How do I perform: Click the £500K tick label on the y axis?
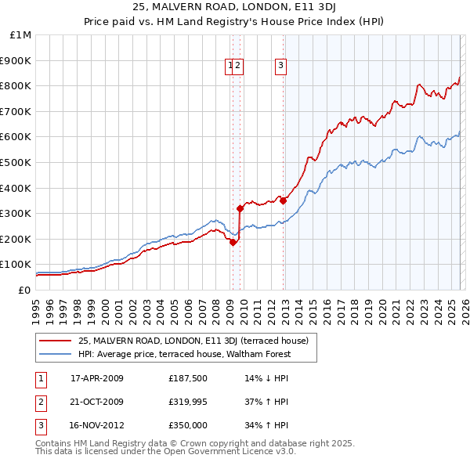[16, 162]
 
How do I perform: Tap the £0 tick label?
[24, 290]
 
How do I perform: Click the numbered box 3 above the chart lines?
[280, 67]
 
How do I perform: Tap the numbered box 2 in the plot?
[238, 67]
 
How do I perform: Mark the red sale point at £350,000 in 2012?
[283, 200]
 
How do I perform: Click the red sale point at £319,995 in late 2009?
[240, 208]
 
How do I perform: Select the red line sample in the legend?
[56, 341]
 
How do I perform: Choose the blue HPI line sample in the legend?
[56, 354]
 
